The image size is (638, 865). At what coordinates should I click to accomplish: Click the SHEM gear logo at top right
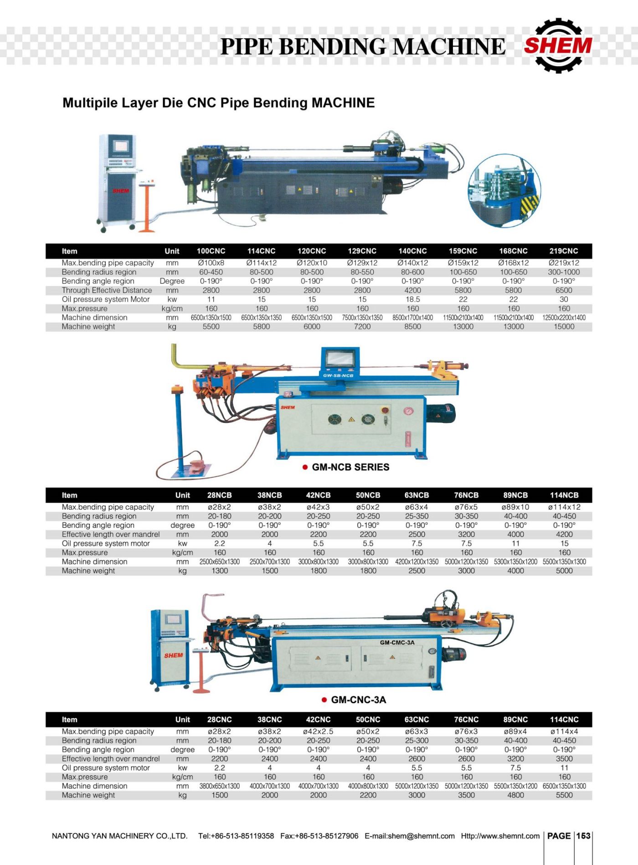pos(558,46)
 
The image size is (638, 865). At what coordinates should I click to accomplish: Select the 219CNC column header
pos(563,251)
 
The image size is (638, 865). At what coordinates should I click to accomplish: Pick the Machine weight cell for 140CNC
pos(412,327)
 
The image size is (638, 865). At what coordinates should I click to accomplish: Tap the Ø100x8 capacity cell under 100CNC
pos(211,263)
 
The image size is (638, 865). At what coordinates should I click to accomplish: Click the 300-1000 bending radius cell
pos(564,272)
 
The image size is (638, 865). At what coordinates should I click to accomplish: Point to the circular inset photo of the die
pos(504,191)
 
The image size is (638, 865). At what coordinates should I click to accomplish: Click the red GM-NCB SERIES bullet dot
pos(305,467)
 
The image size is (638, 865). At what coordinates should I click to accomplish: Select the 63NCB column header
pos(417,495)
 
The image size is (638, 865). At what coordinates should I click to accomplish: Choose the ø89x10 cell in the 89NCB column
pos(515,507)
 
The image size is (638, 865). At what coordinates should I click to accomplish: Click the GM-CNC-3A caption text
pos(359,700)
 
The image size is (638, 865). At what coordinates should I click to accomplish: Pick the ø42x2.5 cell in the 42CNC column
pos(318,731)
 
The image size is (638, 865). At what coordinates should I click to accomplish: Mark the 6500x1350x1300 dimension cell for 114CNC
pos(564,786)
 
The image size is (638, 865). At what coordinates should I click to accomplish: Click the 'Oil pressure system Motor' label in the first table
pos(106,299)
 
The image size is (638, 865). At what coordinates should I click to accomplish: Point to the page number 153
pos(583,836)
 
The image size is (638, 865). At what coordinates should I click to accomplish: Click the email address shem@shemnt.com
pos(410,836)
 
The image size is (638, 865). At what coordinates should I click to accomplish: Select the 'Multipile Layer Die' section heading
pos(218,103)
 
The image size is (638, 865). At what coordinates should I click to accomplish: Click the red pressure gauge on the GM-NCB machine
pos(408,411)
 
